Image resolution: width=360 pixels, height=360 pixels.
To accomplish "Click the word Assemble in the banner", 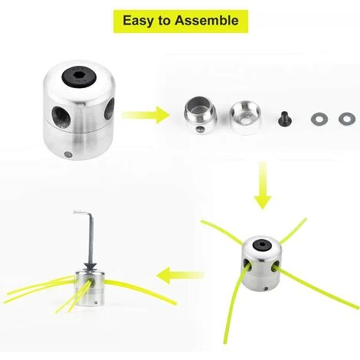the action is pos(207,20).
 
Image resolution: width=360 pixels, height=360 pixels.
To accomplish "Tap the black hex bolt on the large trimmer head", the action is pos(80,77).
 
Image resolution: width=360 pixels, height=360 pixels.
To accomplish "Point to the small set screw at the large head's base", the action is pos(68,154).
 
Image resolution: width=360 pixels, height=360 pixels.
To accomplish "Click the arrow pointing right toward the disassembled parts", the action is pos(146,115).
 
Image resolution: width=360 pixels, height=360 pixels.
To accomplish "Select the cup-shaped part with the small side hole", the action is pos(200,115).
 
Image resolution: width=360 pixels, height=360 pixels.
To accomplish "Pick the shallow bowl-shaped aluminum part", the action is pos(244,115).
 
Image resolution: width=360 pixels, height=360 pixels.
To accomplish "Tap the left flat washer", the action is pos(319,119).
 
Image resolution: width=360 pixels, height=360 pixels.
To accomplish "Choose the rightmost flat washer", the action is pos(347,119).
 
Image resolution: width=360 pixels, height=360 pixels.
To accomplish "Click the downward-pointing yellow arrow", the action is pos(263,185).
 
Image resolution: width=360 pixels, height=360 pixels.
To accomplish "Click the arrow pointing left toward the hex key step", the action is pos(180,276).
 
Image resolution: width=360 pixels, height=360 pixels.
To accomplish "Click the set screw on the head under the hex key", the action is pos(96,303).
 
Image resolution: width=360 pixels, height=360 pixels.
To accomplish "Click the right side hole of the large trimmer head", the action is pos(110,109).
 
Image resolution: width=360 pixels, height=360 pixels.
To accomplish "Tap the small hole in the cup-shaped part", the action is pos(198,129).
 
